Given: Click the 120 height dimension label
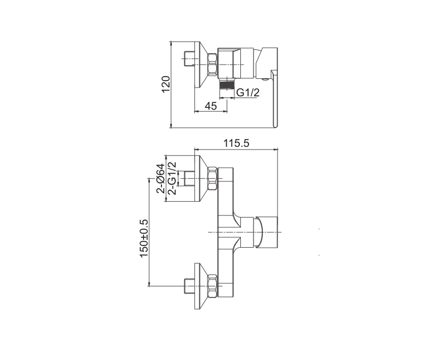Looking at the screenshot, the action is pyautogui.click(x=166, y=84).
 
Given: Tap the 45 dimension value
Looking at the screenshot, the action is pyautogui.click(x=211, y=106).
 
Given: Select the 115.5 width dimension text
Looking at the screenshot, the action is pyautogui.click(x=236, y=144).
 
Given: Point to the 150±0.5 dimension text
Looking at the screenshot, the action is pyautogui.click(x=143, y=238).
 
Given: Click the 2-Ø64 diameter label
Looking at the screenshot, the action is pyautogui.click(x=160, y=178).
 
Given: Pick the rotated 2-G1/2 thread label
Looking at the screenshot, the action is pyautogui.click(x=172, y=178).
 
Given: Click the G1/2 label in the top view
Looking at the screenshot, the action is pyautogui.click(x=248, y=92).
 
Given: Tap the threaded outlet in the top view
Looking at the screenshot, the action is pyautogui.click(x=226, y=84).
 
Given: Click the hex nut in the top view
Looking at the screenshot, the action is pyautogui.click(x=212, y=65).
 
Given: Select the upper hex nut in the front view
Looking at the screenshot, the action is pyautogui.click(x=212, y=179).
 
